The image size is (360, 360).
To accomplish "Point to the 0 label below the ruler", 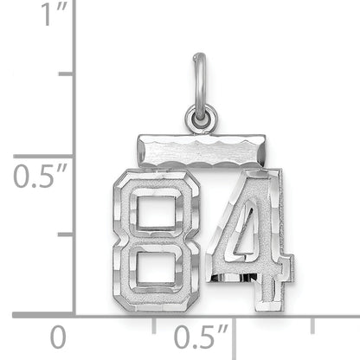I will pos(57,336).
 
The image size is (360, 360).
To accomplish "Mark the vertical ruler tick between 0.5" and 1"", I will pos(66,74).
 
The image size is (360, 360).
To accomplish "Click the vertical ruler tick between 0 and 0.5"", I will pos(66,235).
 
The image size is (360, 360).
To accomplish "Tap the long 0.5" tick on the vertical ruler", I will pos(61,155).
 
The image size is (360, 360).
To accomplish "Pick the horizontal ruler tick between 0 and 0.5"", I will pos(154,321).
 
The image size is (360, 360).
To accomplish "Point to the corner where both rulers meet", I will pos(74,314).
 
